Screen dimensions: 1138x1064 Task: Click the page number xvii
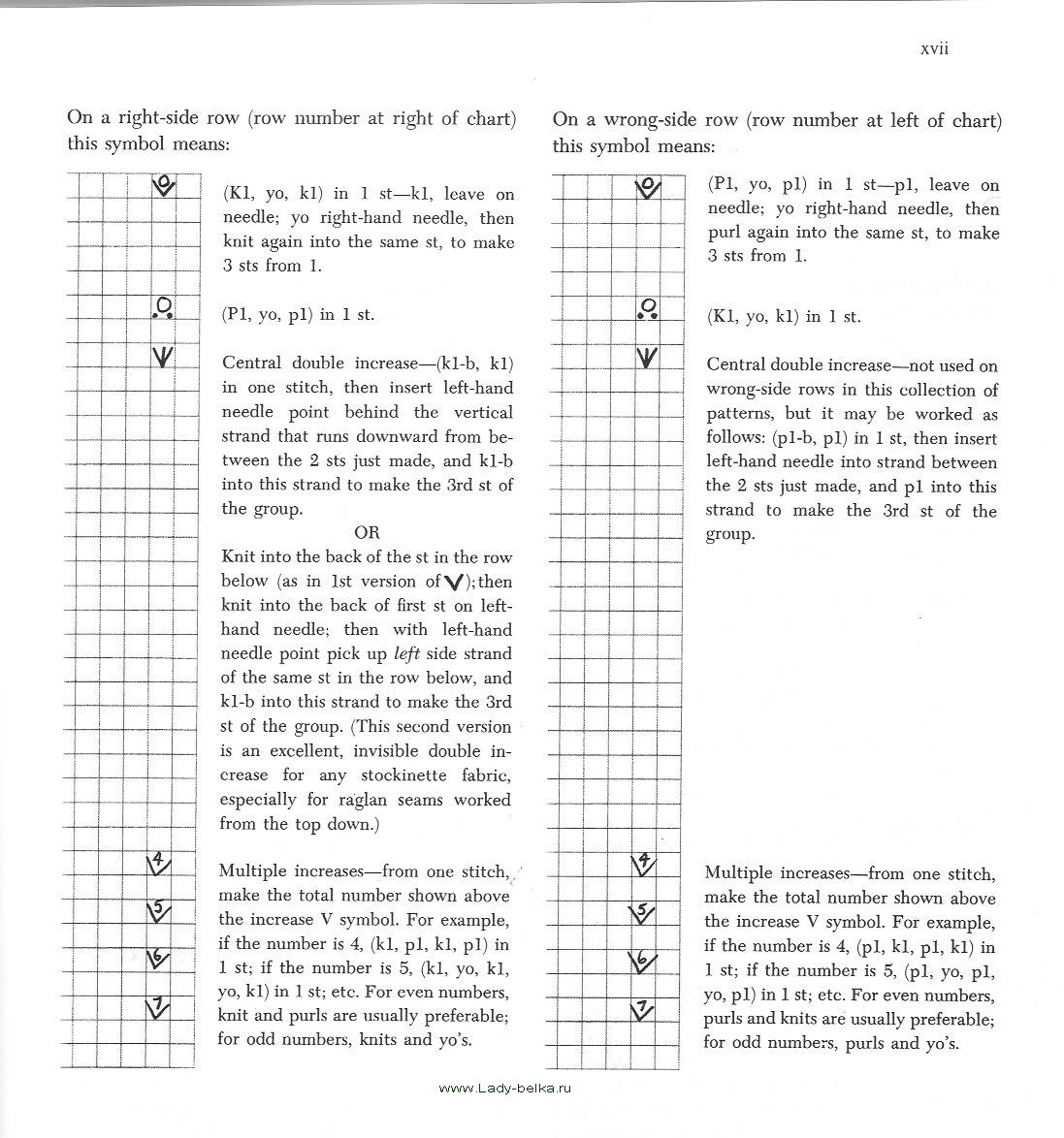click(933, 48)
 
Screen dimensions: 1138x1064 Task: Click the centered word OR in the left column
click(367, 532)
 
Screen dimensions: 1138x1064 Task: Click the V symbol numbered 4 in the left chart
click(159, 861)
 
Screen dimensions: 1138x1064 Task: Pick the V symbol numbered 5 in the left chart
click(158, 910)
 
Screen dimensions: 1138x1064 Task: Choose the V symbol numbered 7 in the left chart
click(157, 1006)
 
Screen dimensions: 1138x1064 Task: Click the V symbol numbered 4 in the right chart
click(643, 863)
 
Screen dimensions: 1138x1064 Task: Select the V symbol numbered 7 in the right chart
click(642, 1008)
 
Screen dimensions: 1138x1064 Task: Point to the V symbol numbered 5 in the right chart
click(642, 912)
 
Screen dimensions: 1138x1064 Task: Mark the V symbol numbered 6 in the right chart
click(642, 961)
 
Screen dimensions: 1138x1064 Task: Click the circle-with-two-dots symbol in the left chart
click(163, 308)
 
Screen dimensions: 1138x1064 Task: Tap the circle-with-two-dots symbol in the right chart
click(647, 309)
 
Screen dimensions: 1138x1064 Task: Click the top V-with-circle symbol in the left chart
click(164, 185)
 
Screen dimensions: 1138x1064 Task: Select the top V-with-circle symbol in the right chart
click(648, 186)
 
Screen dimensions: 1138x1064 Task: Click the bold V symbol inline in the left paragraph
click(453, 582)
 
